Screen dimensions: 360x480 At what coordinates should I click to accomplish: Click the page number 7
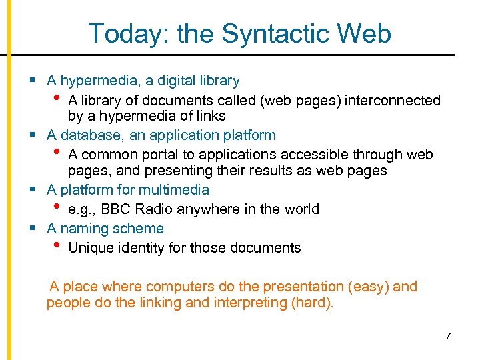449,335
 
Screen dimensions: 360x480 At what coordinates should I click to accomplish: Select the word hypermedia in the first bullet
101,81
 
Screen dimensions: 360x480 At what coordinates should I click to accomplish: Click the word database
87,135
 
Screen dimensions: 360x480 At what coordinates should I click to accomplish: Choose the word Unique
91,248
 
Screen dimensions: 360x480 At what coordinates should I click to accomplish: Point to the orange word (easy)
369,287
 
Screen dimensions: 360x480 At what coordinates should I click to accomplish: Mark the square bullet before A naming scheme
32,229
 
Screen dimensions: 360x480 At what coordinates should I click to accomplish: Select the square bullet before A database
32,135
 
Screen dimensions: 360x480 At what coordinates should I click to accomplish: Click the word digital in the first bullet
169,81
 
